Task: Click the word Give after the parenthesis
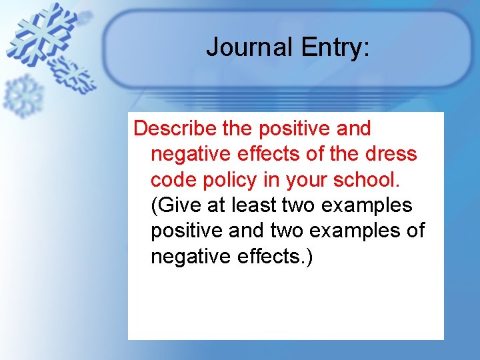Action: pos(182,205)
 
